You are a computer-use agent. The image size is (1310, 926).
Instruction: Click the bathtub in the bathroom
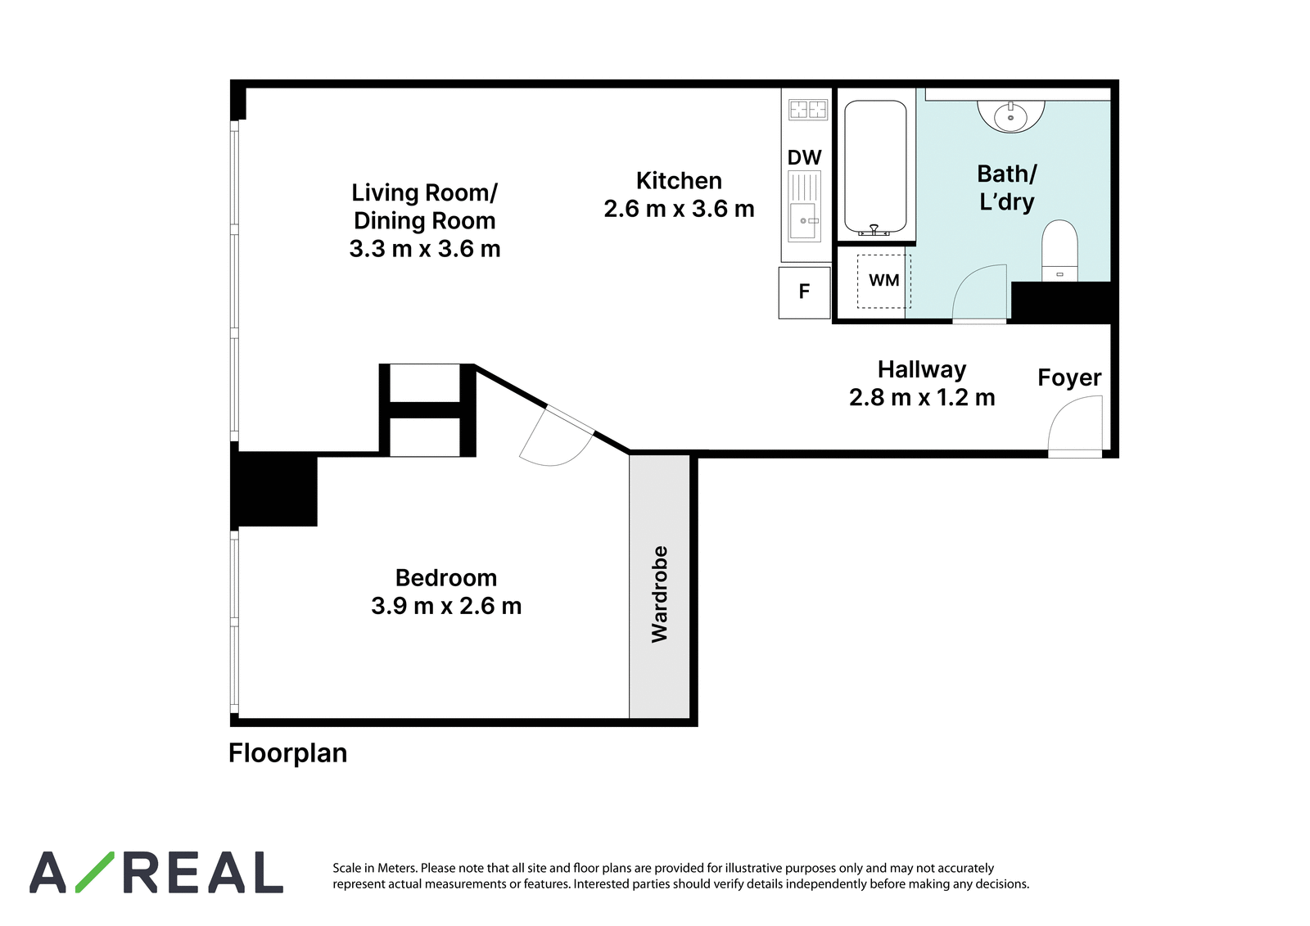[x=875, y=168]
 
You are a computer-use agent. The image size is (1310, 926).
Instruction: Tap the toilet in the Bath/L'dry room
[x=1059, y=251]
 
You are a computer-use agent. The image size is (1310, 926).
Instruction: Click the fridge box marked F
[x=804, y=292]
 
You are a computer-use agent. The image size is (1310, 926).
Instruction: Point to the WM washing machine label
[x=883, y=281]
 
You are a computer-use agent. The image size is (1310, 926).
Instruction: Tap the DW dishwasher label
[x=805, y=157]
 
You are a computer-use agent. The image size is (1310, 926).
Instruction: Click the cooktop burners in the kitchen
[x=807, y=110]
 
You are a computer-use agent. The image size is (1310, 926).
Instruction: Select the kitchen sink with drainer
[x=805, y=206]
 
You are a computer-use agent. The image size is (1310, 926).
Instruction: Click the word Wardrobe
[x=659, y=594]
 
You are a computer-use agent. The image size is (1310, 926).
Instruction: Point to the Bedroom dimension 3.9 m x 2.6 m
[x=446, y=606]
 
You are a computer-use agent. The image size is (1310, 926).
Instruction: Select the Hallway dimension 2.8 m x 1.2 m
[x=922, y=398]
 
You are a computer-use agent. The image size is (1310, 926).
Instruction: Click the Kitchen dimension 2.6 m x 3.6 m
[x=679, y=209]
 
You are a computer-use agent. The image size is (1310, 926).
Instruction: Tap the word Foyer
[x=1069, y=378]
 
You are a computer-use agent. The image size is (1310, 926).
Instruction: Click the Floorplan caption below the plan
[x=287, y=753]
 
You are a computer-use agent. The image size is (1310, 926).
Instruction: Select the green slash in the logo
[x=95, y=872]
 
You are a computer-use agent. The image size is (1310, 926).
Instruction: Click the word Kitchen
[x=679, y=181]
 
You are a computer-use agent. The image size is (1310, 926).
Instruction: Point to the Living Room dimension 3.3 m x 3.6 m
[x=425, y=249]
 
